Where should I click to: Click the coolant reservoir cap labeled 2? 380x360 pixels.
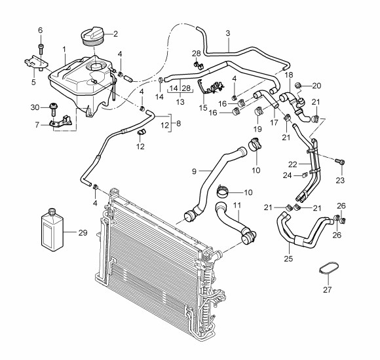(x=94, y=36)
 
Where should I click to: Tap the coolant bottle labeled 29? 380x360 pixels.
(x=52, y=230)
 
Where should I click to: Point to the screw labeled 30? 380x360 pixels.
(x=53, y=110)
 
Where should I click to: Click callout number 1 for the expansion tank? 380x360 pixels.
(x=64, y=50)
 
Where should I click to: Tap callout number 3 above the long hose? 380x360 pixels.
(x=228, y=33)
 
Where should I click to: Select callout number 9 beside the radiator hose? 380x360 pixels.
(x=194, y=171)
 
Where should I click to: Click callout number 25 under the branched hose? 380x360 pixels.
(x=288, y=259)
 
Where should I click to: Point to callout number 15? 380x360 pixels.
(x=203, y=108)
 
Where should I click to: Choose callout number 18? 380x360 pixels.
(x=289, y=75)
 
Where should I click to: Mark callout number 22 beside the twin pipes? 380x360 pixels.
(x=293, y=165)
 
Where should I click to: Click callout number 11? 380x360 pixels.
(x=237, y=206)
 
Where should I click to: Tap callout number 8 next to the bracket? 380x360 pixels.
(x=179, y=124)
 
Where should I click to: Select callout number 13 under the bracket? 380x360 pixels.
(x=180, y=102)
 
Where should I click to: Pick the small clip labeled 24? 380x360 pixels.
(x=305, y=175)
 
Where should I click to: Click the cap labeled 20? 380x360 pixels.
(x=298, y=85)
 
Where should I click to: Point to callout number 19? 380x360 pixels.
(x=257, y=129)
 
